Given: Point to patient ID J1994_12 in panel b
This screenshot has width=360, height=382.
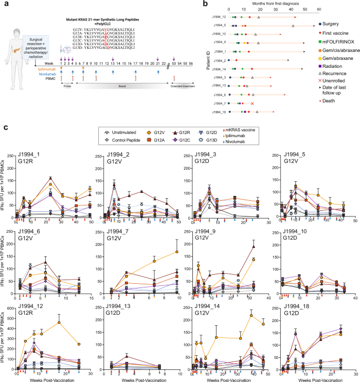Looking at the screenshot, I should coord(219,18).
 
